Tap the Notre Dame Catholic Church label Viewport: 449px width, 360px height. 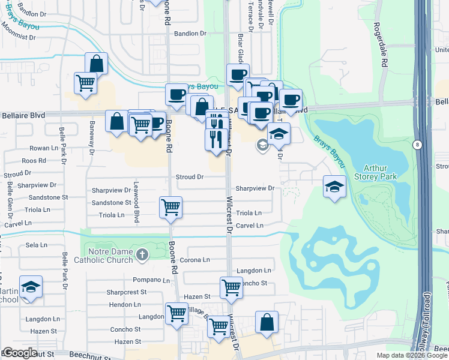point(103,256)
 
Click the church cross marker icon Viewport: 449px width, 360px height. point(142,255)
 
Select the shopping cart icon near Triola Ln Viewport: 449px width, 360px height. point(171,208)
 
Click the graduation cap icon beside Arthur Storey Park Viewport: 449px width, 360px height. point(334,186)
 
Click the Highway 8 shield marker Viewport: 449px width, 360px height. point(417,145)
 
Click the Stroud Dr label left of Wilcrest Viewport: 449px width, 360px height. point(190,178)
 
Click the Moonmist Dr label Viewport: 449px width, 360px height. point(19,37)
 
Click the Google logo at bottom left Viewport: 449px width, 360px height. point(19,352)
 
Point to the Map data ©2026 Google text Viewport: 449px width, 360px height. point(412,355)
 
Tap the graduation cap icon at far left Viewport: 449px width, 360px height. point(31,288)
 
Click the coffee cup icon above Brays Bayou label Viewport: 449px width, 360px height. point(238,75)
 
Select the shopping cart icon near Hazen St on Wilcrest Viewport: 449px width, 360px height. point(231,288)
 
